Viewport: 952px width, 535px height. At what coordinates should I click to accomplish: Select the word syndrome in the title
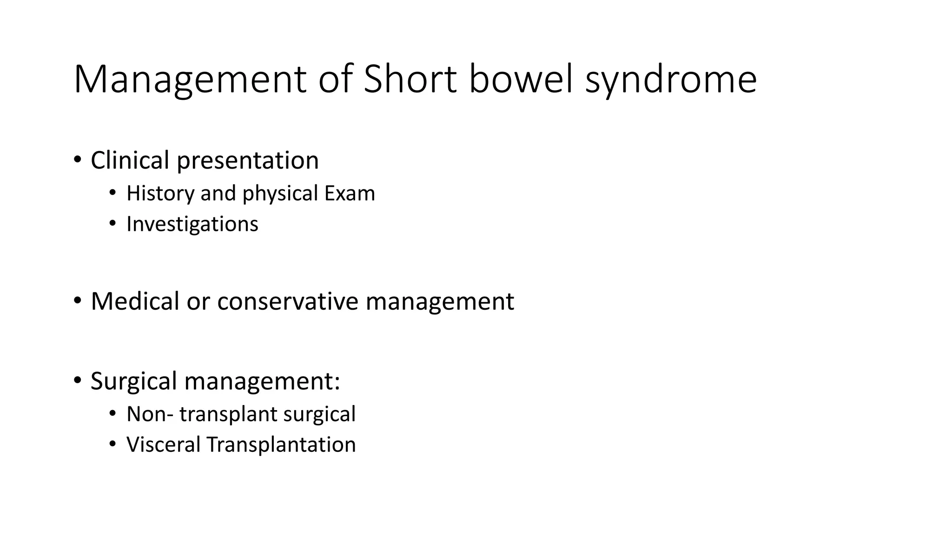click(x=671, y=81)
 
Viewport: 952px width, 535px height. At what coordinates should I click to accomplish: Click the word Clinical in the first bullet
click(x=130, y=160)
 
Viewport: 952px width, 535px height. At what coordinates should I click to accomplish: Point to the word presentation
click(x=248, y=161)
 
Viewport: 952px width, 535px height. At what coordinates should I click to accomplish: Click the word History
click(x=160, y=193)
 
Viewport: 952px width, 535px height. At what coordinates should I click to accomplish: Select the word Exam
click(x=350, y=193)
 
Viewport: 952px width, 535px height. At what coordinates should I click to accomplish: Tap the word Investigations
click(x=192, y=224)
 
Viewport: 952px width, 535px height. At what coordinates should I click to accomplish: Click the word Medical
click(x=135, y=301)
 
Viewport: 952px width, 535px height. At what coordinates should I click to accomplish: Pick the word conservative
click(x=288, y=301)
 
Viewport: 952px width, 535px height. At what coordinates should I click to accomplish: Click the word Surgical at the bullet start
click(x=134, y=381)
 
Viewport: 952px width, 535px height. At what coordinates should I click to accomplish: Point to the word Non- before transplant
click(x=150, y=414)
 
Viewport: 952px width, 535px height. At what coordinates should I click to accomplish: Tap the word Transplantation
click(x=281, y=445)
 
